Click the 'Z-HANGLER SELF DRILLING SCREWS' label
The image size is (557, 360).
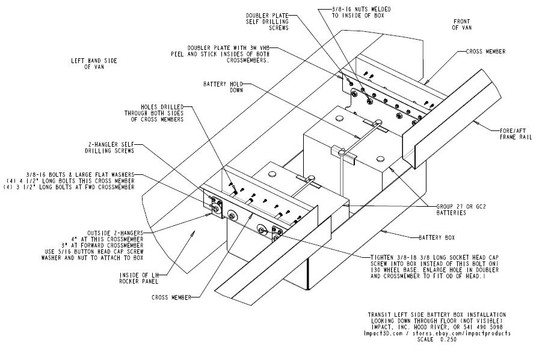click(x=112, y=148)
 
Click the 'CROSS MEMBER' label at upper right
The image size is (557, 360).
click(x=485, y=52)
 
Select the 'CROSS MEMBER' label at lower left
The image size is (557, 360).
click(x=171, y=297)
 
